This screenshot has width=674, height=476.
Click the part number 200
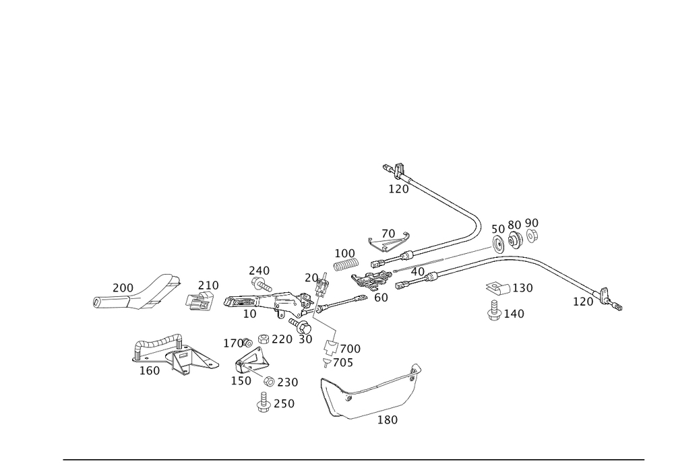[122, 287]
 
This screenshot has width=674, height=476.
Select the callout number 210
[208, 285]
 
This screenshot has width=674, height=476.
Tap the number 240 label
[259, 270]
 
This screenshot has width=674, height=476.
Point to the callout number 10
[249, 314]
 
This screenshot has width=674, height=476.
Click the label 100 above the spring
[344, 253]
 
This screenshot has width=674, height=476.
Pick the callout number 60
[381, 296]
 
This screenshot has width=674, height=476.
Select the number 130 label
[523, 288]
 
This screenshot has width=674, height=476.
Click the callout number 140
[514, 314]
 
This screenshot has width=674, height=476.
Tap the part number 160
[149, 371]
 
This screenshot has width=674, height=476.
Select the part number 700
[350, 349]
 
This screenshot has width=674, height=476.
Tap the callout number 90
[532, 223]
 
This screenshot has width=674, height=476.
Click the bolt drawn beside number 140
[494, 314]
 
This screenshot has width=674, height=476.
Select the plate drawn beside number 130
[496, 288]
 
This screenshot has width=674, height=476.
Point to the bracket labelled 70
[389, 241]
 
